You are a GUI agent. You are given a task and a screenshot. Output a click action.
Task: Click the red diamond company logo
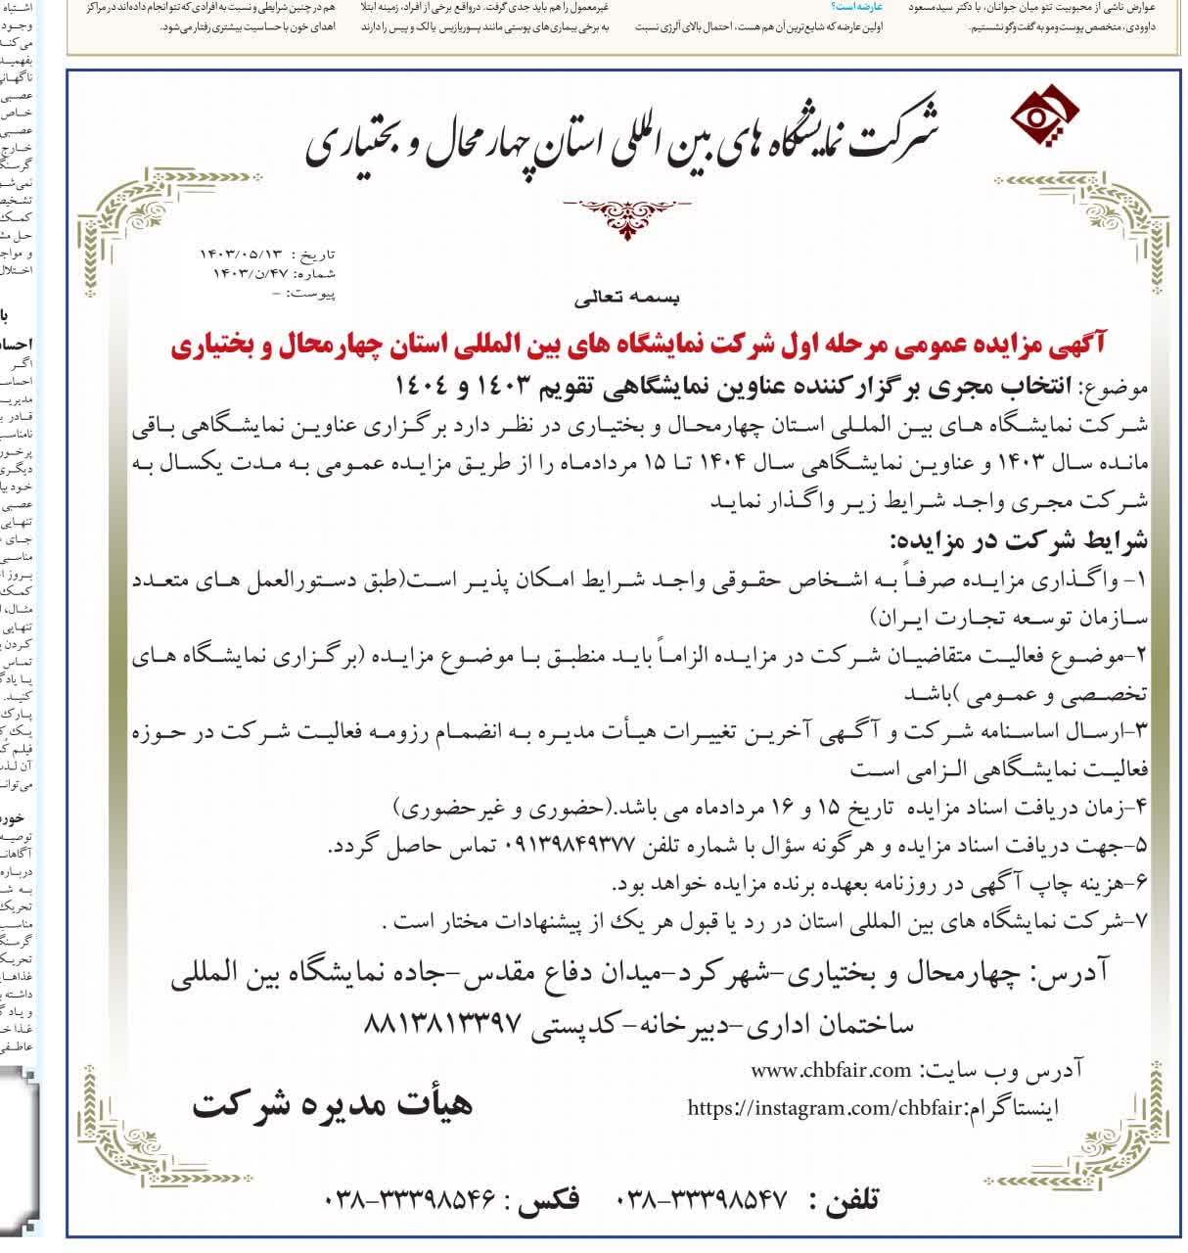coord(1044,118)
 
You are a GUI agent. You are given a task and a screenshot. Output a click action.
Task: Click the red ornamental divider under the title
coord(626,214)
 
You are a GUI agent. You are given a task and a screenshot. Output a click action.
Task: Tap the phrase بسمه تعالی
coord(626,297)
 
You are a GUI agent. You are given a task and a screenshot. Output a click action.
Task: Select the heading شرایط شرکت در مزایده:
coord(1018,540)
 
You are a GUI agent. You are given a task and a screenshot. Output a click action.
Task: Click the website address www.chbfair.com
coord(831,1070)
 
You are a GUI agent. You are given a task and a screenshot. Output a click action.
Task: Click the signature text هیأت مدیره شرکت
coord(333,1103)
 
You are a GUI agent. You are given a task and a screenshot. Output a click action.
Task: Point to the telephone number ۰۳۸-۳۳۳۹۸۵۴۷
coord(703,1200)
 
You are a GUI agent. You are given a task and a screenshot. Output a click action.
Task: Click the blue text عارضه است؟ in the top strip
coord(856,7)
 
